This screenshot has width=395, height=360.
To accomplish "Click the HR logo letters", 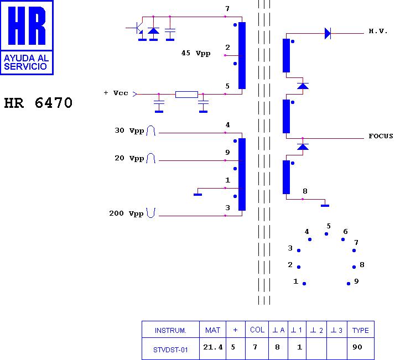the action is pos(27,25).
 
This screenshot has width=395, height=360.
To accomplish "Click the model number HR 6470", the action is pos(38,103).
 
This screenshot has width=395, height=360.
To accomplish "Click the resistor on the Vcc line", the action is pos(186,95).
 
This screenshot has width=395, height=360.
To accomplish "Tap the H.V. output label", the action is pos(378,31).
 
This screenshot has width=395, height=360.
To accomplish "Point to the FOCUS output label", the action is pos(381,136).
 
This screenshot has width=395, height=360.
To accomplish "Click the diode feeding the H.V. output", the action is pos(328,34).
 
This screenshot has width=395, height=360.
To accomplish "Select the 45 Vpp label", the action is pos(196,54).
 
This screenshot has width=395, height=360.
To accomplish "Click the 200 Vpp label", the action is pos(126,214).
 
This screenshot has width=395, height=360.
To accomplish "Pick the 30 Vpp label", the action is pos(129,131).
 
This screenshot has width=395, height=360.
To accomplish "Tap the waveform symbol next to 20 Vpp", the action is pos(151,158).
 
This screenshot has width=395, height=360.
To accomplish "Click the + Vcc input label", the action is pos(116,93).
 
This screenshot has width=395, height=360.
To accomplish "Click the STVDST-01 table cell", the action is pos(170,350).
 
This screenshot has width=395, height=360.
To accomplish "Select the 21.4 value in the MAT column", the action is pos(213,347).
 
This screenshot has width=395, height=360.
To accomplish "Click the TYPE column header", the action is pos(361,330).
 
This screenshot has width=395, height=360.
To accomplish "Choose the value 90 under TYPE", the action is pos(357,347).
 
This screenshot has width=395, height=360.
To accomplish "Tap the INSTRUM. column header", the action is pos(170,330).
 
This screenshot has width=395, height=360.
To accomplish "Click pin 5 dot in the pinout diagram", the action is pos(326,234).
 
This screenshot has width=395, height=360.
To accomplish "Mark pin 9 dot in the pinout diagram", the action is pos(349,284).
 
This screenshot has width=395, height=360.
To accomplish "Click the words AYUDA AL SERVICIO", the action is pos(26,62).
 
